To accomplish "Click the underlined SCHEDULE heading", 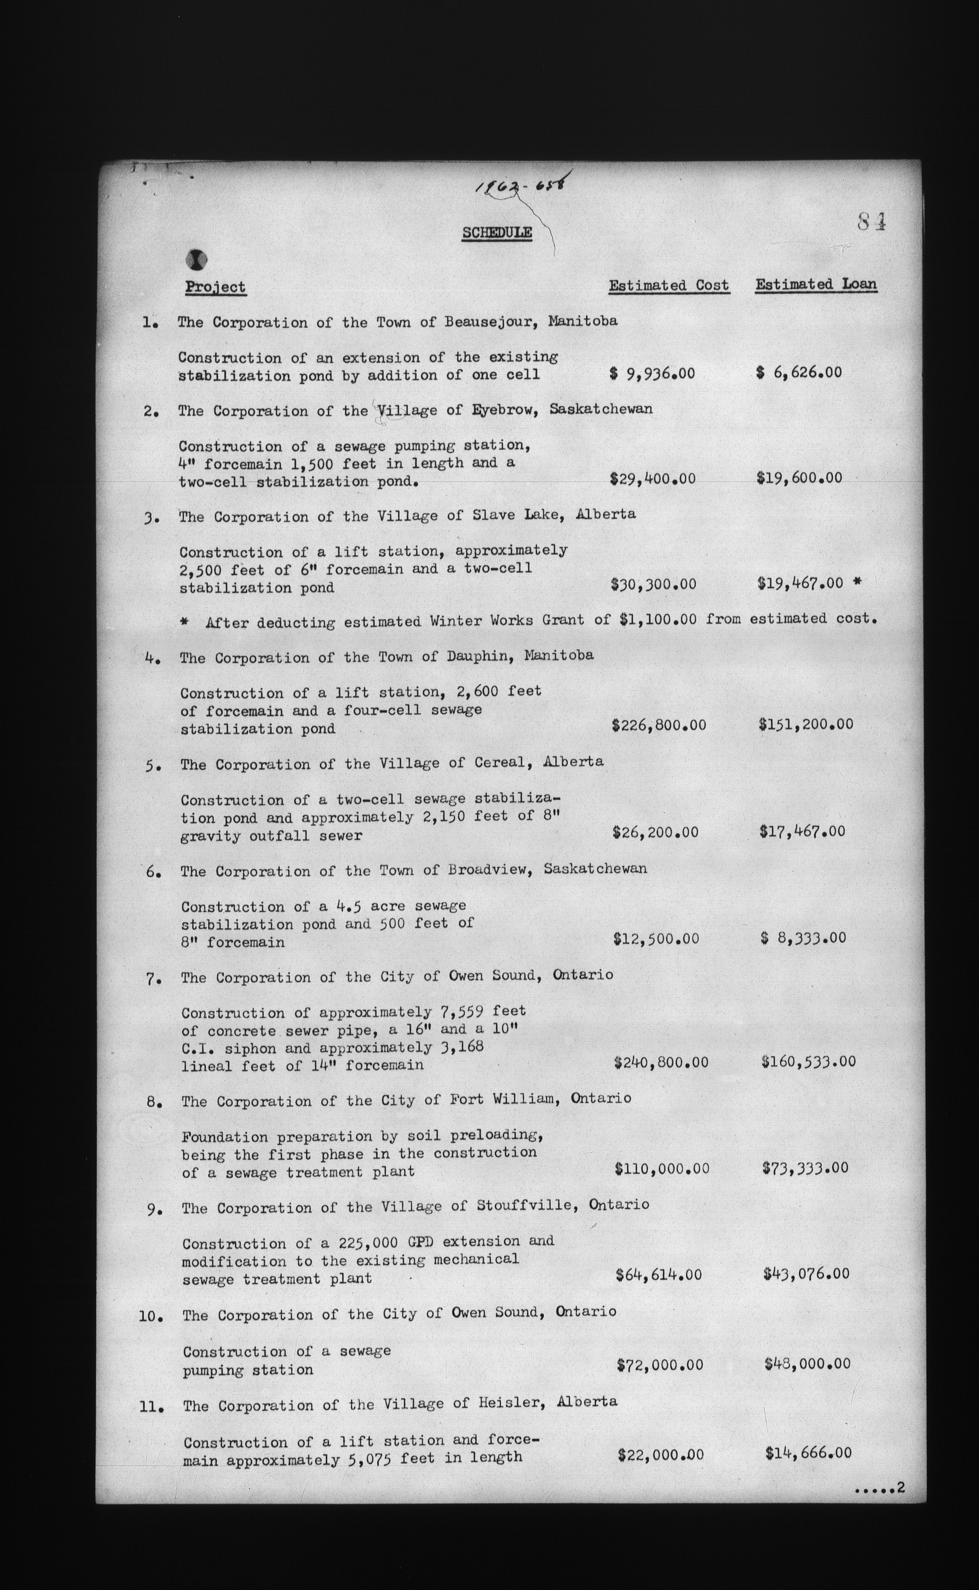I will coord(497,233).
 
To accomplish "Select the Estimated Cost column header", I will coord(669,286).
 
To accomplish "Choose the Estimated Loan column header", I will coord(816,284).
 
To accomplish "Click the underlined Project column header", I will coord(216,287).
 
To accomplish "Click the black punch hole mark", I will coord(197,260).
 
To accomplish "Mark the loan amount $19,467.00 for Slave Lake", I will coord(801,583).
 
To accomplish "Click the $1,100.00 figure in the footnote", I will coord(657,619).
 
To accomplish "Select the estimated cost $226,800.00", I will coord(658,725).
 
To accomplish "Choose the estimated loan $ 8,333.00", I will coord(803,938).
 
